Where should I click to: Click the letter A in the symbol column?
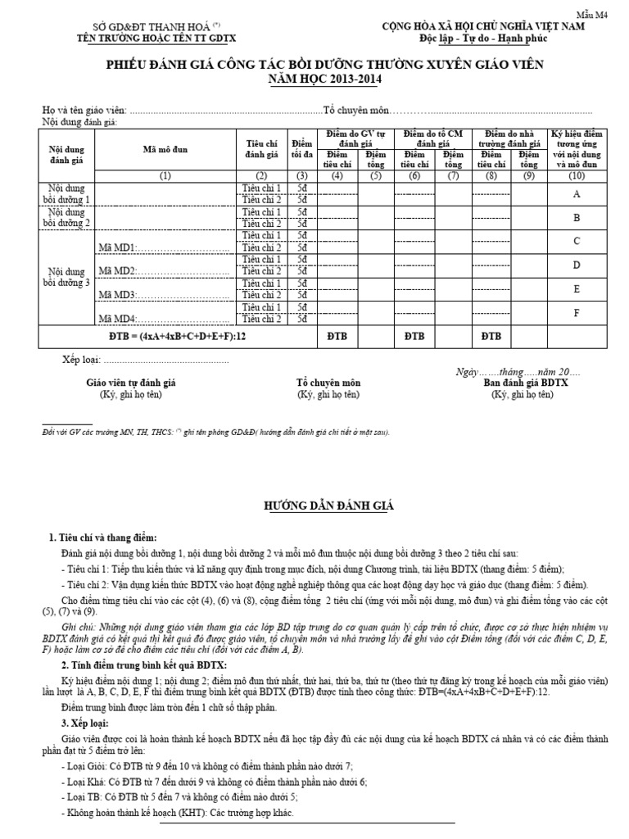tap(577, 194)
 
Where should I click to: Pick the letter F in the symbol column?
tap(577, 313)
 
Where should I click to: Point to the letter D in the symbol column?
tap(577, 265)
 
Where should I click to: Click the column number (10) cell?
tap(577, 176)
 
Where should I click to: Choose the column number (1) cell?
tap(165, 176)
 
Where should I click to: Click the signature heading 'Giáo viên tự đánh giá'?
tap(131, 383)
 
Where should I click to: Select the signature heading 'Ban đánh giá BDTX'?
tap(526, 383)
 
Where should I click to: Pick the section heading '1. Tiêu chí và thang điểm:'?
tap(109, 537)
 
